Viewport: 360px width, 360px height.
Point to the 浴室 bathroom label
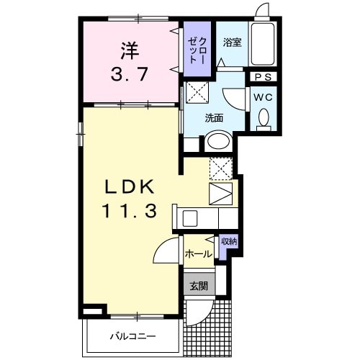(x=232, y=42)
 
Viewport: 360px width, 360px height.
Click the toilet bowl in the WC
(x=264, y=117)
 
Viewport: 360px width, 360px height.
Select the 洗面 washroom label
(x=215, y=117)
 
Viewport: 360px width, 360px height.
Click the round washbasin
(x=217, y=142)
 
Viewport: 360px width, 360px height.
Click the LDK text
(x=129, y=186)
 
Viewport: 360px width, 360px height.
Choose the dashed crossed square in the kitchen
(x=220, y=168)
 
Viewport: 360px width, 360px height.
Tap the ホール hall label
(x=198, y=253)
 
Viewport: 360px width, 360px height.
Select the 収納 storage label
(x=228, y=243)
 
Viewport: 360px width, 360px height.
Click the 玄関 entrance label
(x=198, y=286)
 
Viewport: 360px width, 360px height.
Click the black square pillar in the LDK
(x=90, y=311)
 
